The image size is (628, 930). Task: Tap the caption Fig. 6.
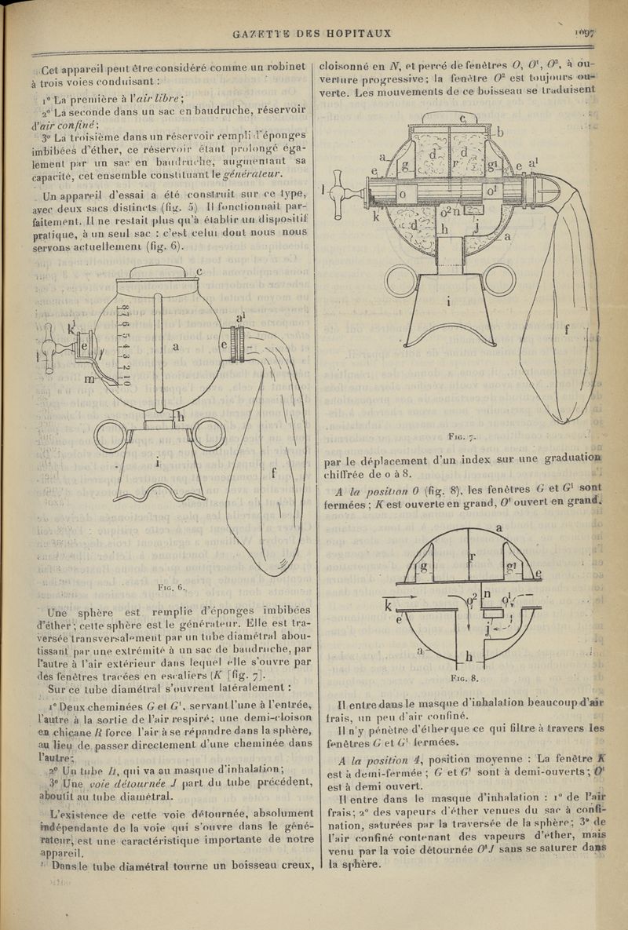pyautogui.click(x=170, y=586)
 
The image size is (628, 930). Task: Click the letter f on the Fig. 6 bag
pyautogui.click(x=274, y=472)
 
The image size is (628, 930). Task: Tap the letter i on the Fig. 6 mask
pyautogui.click(x=157, y=464)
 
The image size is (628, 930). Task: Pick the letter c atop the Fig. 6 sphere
pyautogui.click(x=199, y=272)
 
